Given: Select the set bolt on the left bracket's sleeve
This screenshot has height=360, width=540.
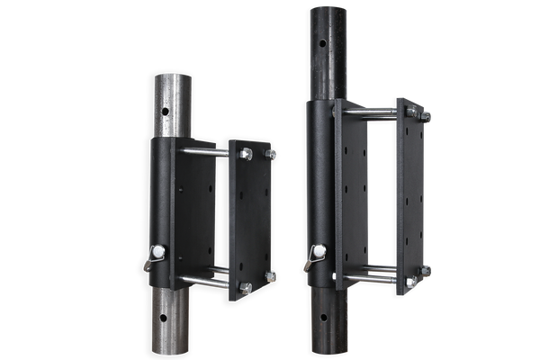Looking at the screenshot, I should pyautogui.click(x=157, y=252).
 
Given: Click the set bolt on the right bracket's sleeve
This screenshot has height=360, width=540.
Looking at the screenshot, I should pyautogui.click(x=318, y=253).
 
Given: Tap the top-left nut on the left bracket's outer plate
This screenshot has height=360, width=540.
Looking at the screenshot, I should pyautogui.click(x=245, y=154).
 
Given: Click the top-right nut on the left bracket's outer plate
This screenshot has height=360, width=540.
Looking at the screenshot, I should pyautogui.click(x=271, y=154).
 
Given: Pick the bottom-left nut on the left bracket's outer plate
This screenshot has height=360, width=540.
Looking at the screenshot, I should pyautogui.click(x=245, y=287).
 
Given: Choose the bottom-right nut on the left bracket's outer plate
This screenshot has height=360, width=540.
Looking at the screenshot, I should pyautogui.click(x=271, y=276).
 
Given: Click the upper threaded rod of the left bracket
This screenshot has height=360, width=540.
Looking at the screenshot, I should pyautogui.click(x=204, y=151).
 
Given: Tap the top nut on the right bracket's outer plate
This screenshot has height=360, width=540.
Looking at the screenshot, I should pyautogui.click(x=425, y=115).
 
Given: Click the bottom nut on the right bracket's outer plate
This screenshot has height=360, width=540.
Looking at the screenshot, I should pyautogui.click(x=425, y=269).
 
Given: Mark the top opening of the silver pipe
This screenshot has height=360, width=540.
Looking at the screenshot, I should pyautogui.click(x=171, y=76).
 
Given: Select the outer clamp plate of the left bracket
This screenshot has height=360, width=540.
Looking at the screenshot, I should pyautogui.click(x=250, y=216).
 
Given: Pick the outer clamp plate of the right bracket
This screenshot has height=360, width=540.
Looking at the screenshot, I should pyautogui.click(x=410, y=193).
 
